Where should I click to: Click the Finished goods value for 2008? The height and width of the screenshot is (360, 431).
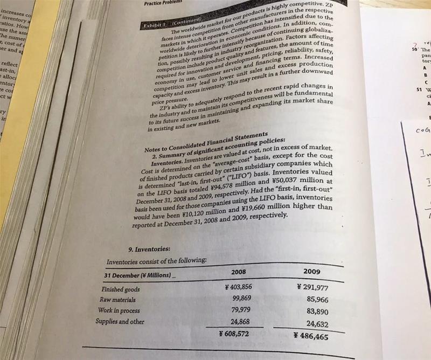tap(238, 286)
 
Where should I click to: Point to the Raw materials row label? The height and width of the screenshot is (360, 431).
tap(118, 300)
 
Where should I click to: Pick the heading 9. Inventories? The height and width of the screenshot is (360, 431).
tap(150, 249)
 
